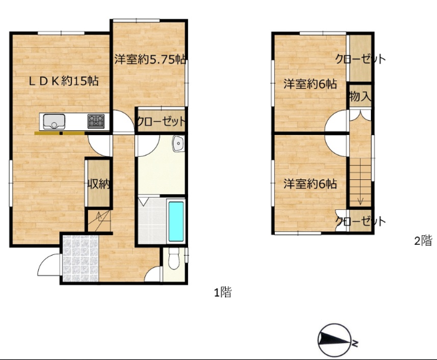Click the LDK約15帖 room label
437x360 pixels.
(64, 81)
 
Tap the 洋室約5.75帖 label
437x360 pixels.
(150, 59)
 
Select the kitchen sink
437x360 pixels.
(54, 122)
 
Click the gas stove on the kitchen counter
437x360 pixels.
(96, 121)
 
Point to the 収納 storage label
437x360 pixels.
(99, 184)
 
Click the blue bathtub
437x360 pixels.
(176, 221)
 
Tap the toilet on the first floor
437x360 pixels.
(174, 258)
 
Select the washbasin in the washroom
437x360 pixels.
(178, 144)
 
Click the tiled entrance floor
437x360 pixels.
(80, 258)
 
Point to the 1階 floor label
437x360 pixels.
(223, 292)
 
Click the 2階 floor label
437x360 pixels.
(423, 241)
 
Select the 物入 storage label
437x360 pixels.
(360, 97)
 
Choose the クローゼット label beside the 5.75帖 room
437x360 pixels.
(161, 121)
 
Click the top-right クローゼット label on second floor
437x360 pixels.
(361, 59)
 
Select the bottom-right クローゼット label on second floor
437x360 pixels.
(361, 221)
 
